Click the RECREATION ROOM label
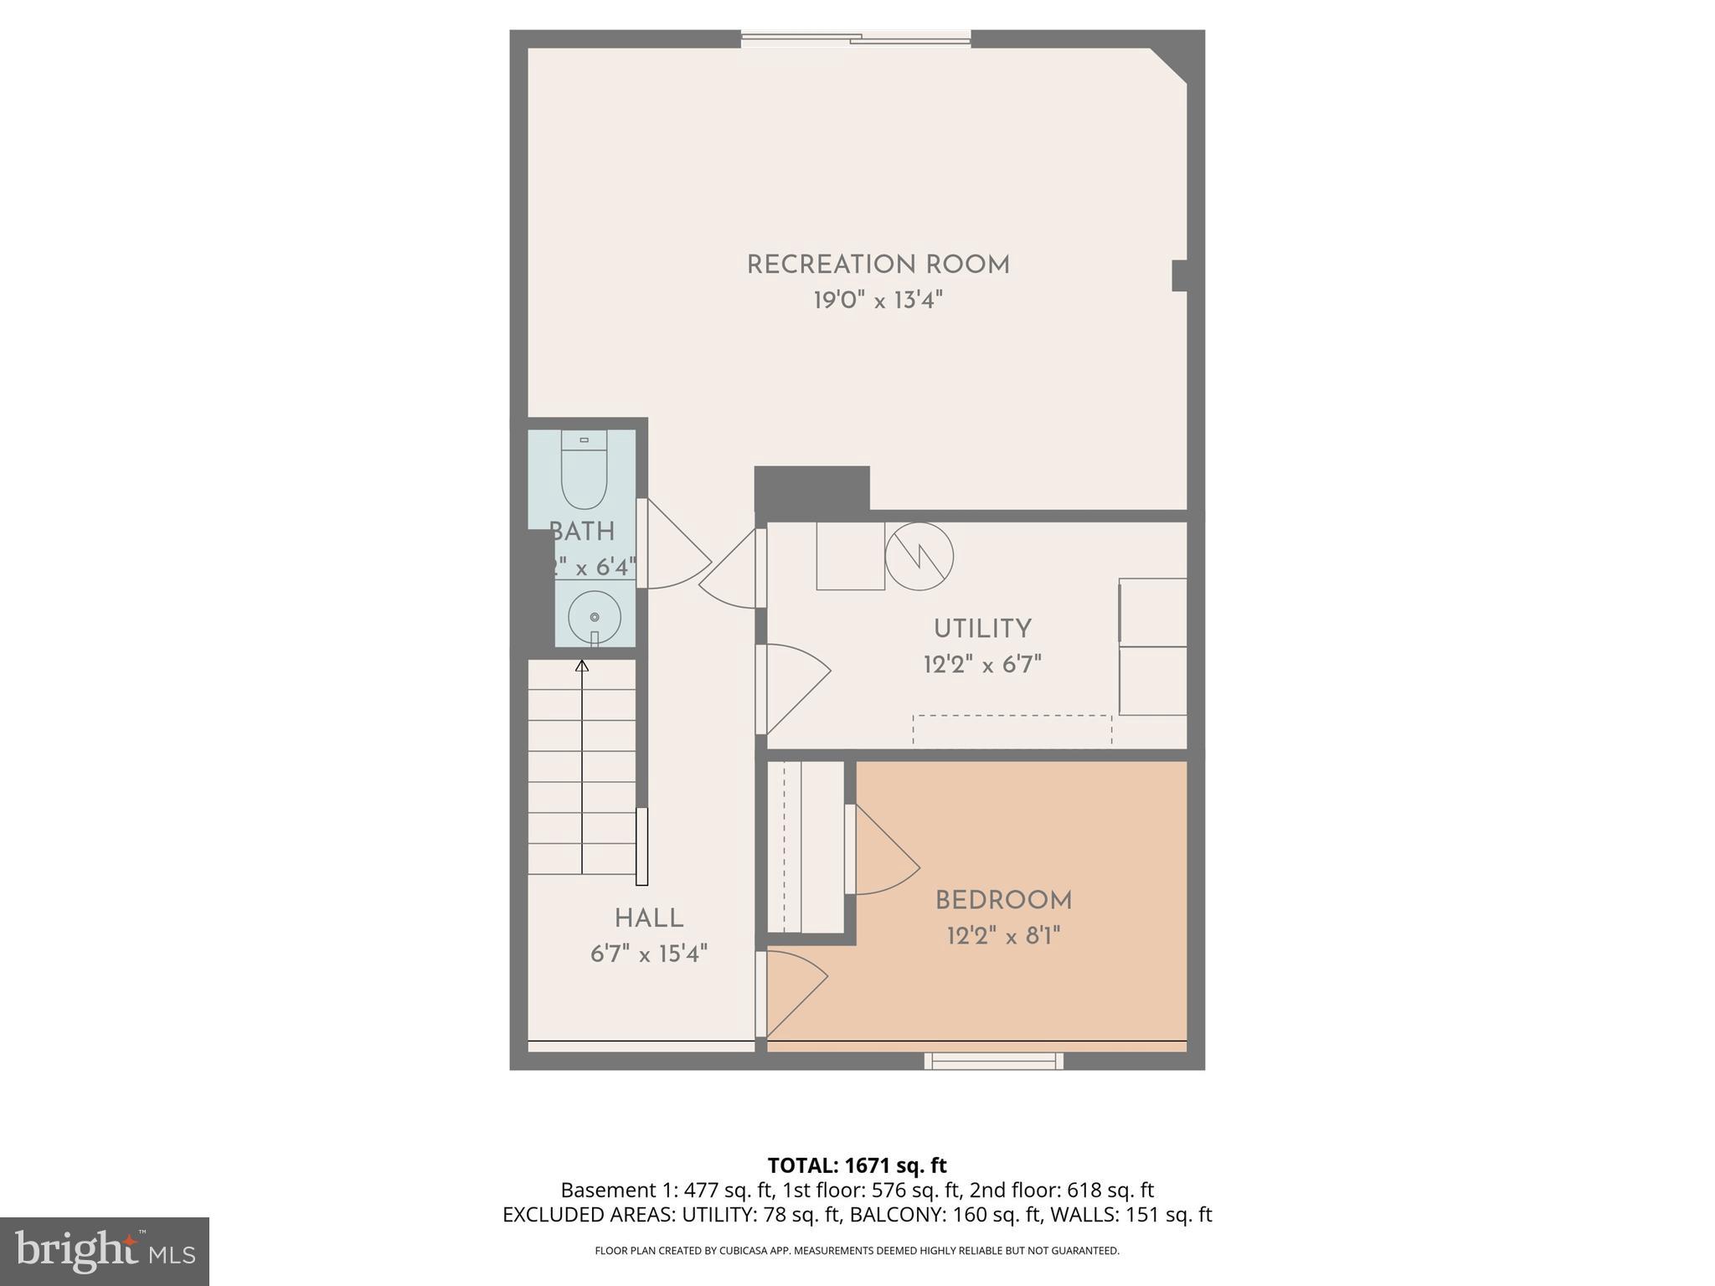point(878,265)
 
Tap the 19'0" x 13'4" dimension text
point(878,301)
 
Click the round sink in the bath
point(595,618)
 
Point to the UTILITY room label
point(982,629)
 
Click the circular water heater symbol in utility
point(919,556)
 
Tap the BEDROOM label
point(1003,901)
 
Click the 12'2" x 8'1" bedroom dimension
point(1003,936)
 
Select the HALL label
point(649,918)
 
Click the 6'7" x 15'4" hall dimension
point(649,954)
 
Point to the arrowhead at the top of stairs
point(582,666)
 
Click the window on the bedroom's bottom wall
point(993,1062)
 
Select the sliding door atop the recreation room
point(855,38)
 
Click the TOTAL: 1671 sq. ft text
point(857,1165)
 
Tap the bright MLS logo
point(105,1252)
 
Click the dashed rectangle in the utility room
point(1012,730)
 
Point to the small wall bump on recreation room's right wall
point(1179,275)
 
